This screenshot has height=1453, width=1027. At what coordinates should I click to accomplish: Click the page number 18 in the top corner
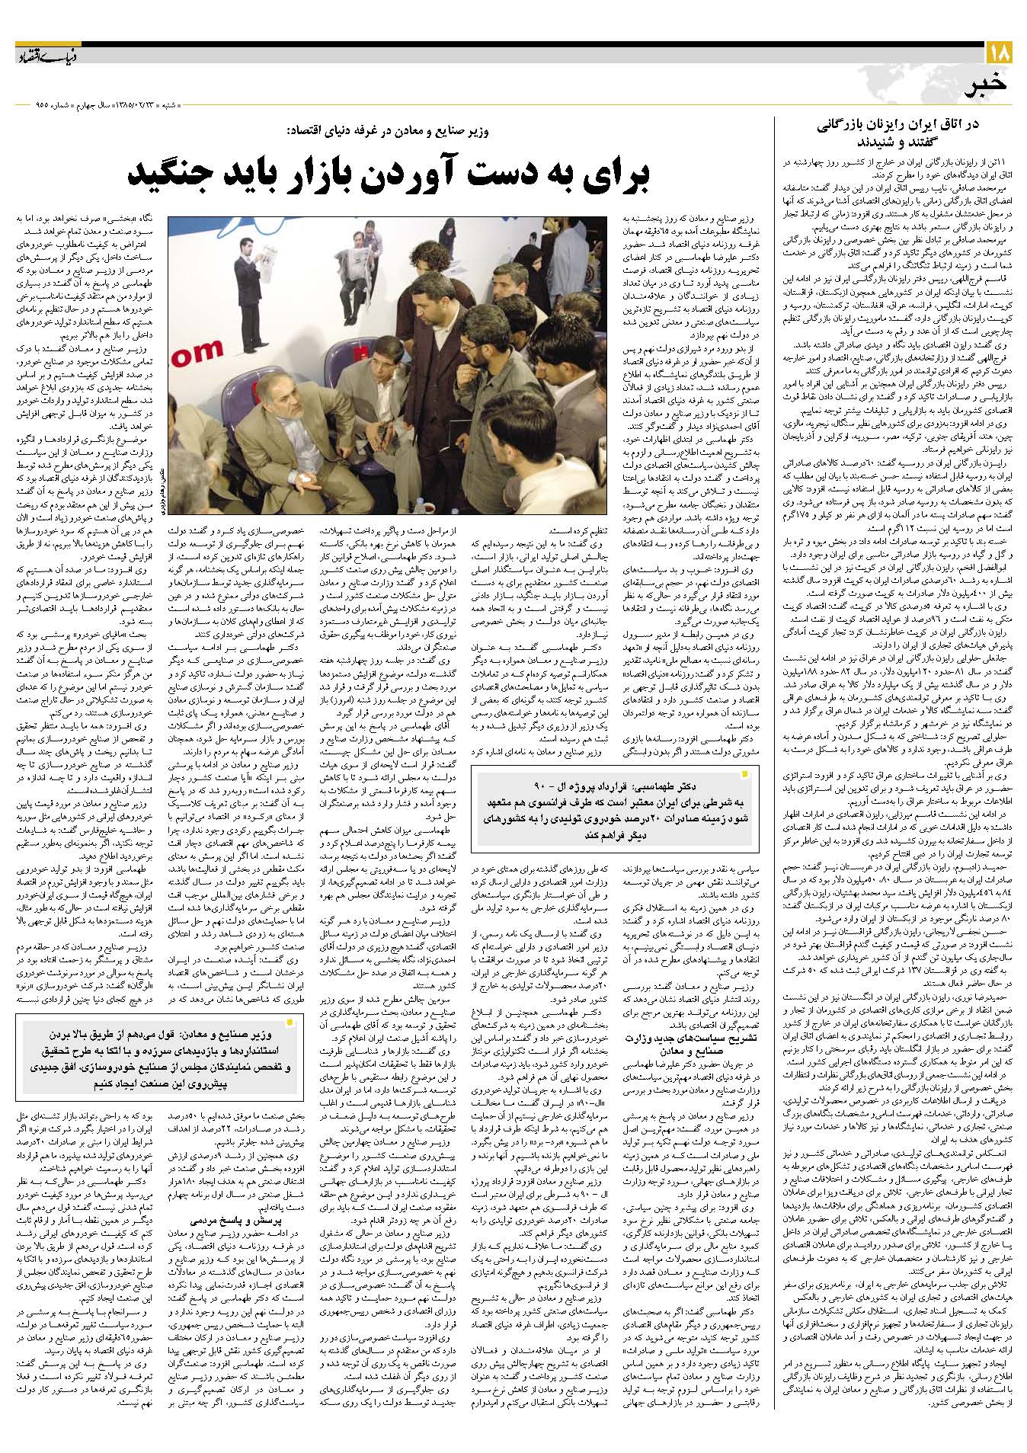coord(999,53)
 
